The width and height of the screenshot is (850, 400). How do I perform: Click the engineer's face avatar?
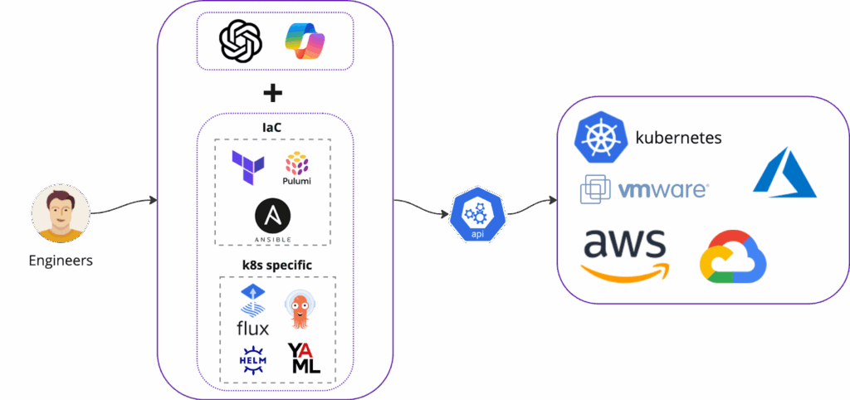click(61, 213)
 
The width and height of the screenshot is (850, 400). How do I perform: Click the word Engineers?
click(61, 261)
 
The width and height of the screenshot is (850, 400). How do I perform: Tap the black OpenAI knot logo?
click(241, 41)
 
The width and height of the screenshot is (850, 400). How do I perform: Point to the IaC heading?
click(272, 128)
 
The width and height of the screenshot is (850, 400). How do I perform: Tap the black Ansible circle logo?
click(272, 219)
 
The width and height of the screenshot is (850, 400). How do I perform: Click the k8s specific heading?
click(276, 266)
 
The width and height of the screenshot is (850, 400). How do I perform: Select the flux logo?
click(252, 310)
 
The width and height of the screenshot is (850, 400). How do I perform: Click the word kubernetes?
click(678, 138)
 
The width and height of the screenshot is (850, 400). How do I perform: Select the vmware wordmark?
click(662, 190)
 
